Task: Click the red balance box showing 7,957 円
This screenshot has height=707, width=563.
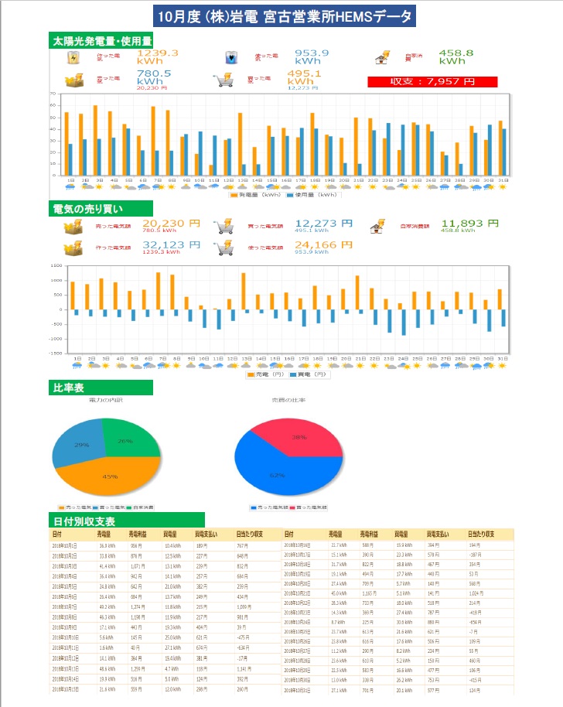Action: tap(432, 81)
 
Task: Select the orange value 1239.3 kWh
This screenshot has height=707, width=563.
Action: tap(158, 56)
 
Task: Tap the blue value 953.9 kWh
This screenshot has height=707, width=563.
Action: tap(312, 56)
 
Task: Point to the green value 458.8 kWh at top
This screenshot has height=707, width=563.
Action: tap(456, 56)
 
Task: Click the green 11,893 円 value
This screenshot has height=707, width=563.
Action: tap(467, 224)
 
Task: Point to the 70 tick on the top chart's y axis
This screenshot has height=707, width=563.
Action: tap(53, 94)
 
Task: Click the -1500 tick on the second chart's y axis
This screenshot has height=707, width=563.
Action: tap(56, 353)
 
